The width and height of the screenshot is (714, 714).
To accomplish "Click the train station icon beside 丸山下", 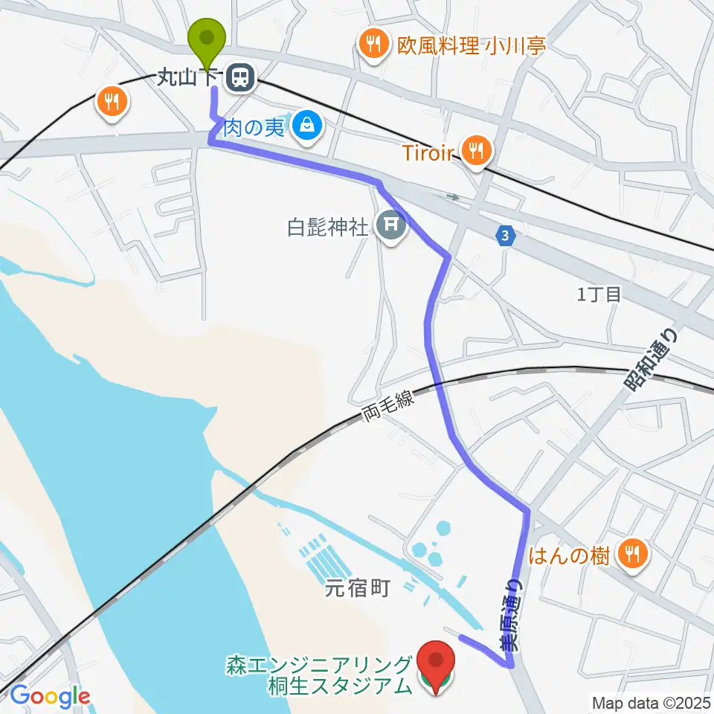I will [240, 77].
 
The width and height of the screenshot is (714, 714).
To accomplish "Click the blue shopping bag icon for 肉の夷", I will [306, 128].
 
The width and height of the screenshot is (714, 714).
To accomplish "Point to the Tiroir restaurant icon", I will [475, 152].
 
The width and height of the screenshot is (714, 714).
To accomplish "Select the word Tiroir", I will [428, 152].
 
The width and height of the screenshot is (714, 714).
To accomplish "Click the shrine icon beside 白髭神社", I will [391, 225].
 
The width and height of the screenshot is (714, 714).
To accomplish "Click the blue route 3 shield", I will [506, 237].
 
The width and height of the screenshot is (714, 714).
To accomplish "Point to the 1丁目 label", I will [598, 295].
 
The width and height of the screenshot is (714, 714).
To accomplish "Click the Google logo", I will [50, 696].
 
